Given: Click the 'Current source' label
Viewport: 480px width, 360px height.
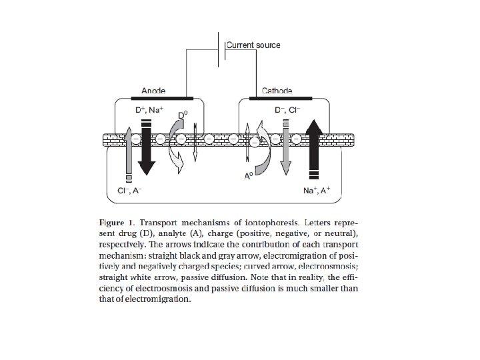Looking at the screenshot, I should pos(253,45).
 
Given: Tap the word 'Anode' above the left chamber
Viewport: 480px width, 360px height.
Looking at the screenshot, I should pos(153,91).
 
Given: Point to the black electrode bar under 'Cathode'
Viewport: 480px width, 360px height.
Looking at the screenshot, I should pos(277,98).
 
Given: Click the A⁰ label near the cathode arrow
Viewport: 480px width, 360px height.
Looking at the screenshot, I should pos(249,177).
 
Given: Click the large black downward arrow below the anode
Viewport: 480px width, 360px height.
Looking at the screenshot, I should pos(148,147).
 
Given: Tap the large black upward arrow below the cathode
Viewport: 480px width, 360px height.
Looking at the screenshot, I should pos(314,150).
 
